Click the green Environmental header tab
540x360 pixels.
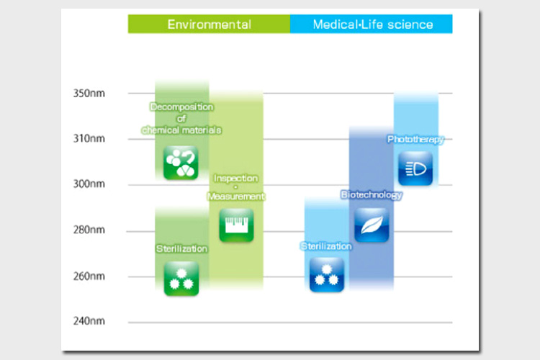pyautogui.click(x=209, y=24)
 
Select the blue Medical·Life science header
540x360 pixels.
pyautogui.click(x=372, y=24)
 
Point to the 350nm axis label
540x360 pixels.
pyautogui.click(x=89, y=94)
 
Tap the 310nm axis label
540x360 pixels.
pyautogui.click(x=89, y=138)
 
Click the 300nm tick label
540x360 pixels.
pyautogui.click(x=89, y=184)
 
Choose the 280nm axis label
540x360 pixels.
pyautogui.click(x=89, y=230)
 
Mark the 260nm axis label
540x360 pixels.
pyautogui.click(x=89, y=276)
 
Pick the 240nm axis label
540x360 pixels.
pyautogui.click(x=89, y=321)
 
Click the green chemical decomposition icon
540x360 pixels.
pyautogui.click(x=181, y=163)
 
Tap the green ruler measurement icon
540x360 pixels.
pyautogui.click(x=236, y=225)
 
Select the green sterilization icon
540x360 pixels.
pyautogui.click(x=181, y=279)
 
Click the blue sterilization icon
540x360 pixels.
pyautogui.click(x=327, y=275)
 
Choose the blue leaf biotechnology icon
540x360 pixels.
pyautogui.click(x=372, y=225)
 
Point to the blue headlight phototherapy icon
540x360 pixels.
pyautogui.click(x=415, y=168)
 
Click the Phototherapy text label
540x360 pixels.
pyautogui.click(x=415, y=140)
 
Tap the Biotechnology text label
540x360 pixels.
pyautogui.click(x=372, y=195)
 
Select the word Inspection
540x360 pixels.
pyautogui.click(x=236, y=178)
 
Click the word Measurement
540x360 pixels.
pyautogui.click(x=236, y=197)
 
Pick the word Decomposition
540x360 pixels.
pyautogui.click(x=182, y=107)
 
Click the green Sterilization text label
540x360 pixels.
pyautogui.click(x=181, y=248)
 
